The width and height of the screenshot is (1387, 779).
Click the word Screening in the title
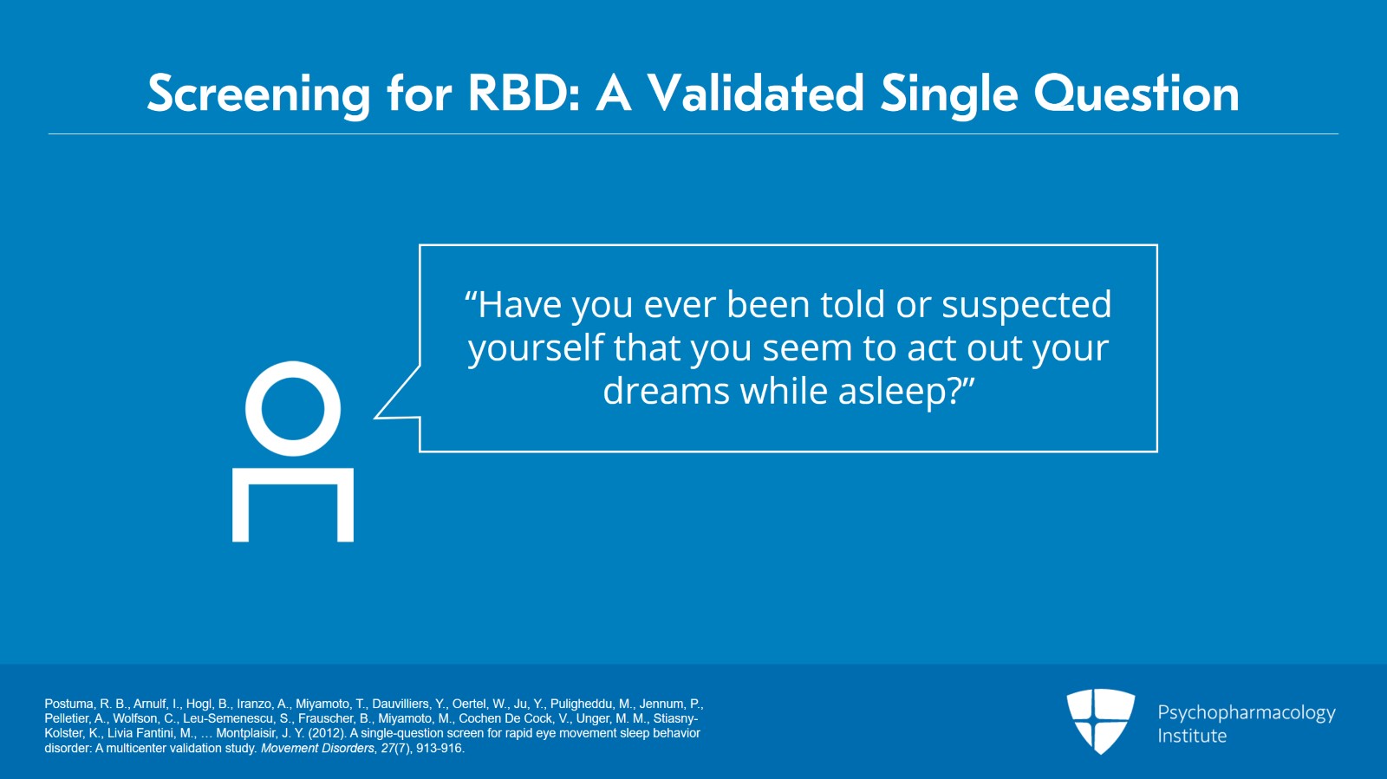pos(259,94)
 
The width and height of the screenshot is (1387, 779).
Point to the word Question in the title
pos(1136,94)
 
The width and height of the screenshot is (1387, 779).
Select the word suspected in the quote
pos(1026,306)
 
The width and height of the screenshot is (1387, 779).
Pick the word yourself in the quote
pos(536,349)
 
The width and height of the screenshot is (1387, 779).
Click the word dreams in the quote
pos(666,391)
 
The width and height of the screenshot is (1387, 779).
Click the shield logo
pos(1100,721)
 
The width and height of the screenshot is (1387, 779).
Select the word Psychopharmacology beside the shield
pos(1247,713)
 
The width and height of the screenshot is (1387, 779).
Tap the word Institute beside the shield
pos(1192,736)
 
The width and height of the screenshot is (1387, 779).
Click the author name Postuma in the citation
pos(68,704)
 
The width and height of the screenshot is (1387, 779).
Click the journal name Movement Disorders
pos(317,748)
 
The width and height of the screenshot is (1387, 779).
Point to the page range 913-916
pos(439,748)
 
